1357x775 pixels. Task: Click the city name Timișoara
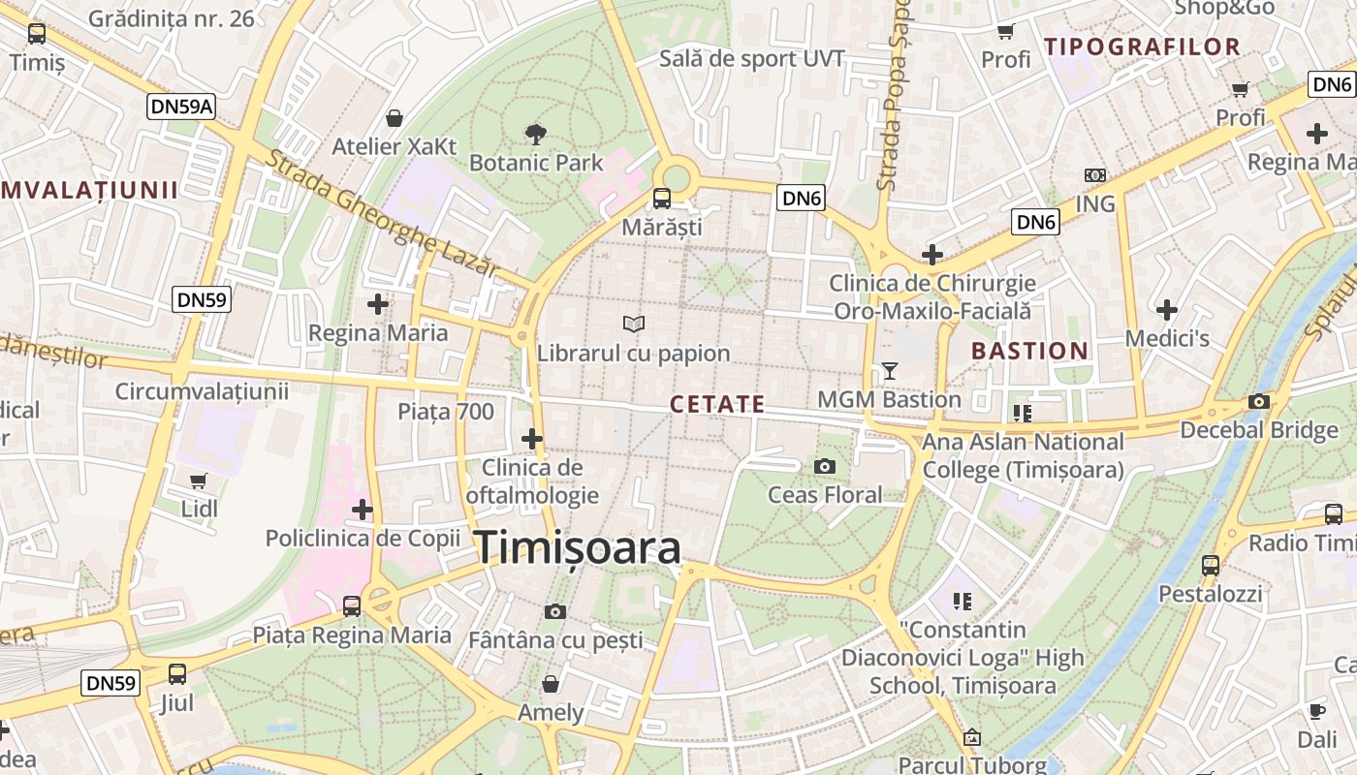point(578,548)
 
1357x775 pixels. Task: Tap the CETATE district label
point(717,405)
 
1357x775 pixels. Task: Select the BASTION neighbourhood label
point(1029,351)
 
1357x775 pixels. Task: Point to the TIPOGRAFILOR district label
point(1142,46)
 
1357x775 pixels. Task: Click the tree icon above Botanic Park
point(535,134)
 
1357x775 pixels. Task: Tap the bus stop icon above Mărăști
point(662,199)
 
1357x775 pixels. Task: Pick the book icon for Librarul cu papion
point(634,324)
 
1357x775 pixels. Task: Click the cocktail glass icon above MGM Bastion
point(889,370)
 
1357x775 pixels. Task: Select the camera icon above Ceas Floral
point(825,467)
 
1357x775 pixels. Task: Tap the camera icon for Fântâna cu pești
point(555,611)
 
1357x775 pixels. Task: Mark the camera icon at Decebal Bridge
point(1259,401)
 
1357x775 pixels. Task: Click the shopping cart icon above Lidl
point(199,480)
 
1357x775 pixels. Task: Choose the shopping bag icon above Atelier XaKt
point(394,118)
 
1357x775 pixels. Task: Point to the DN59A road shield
point(181,107)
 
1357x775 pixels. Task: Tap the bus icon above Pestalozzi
point(1211,565)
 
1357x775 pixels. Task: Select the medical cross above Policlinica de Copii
point(363,509)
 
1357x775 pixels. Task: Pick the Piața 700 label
point(446,412)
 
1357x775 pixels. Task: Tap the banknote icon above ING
point(1095,175)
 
